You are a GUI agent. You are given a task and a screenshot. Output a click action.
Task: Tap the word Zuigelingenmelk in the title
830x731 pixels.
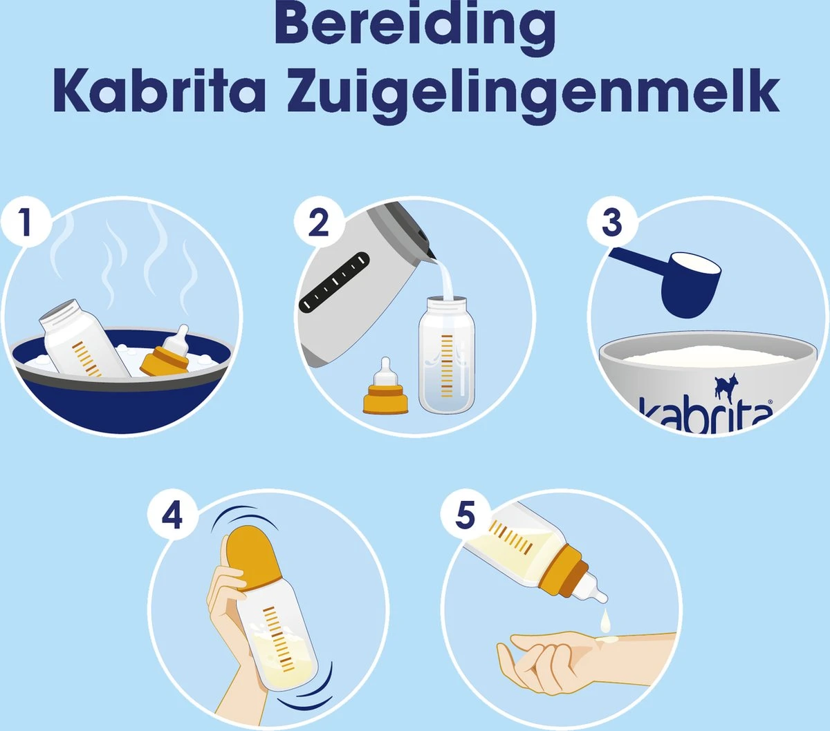pyautogui.click(x=533, y=93)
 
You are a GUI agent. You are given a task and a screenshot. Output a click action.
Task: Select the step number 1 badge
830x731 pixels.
pyautogui.click(x=26, y=222)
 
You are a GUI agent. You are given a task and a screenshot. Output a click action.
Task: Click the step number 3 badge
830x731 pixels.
pyautogui.click(x=611, y=222)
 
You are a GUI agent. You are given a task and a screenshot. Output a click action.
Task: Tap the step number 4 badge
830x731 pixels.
pyautogui.click(x=172, y=515)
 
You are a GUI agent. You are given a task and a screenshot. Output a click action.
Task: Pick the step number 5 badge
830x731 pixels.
pyautogui.click(x=465, y=515)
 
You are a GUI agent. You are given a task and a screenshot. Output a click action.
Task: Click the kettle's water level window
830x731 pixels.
pyautogui.click(x=334, y=282)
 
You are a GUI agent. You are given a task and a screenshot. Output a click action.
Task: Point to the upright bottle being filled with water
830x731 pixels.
pyautogui.click(x=447, y=356)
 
